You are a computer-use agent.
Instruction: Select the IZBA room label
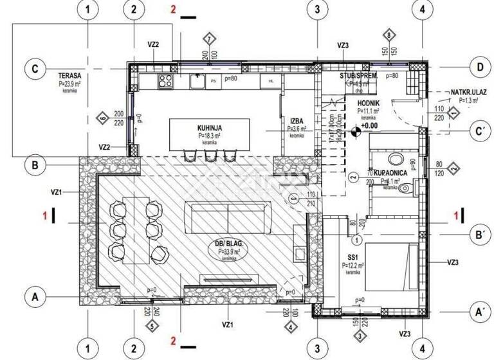(297, 120)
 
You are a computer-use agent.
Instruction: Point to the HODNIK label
(368, 103)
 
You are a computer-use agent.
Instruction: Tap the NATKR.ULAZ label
(450, 92)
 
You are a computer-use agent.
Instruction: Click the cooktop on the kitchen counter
(165, 81)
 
